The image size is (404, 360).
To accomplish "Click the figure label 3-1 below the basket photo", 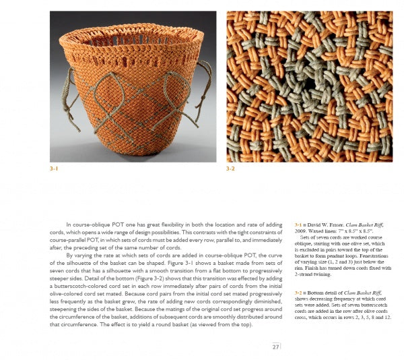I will click(x=54, y=169).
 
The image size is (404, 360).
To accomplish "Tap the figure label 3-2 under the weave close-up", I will click(x=231, y=169).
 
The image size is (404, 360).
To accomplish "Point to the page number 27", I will click(x=275, y=347).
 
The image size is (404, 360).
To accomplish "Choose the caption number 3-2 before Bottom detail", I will click(x=299, y=293).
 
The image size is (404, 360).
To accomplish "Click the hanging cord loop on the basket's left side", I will click(x=67, y=101).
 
